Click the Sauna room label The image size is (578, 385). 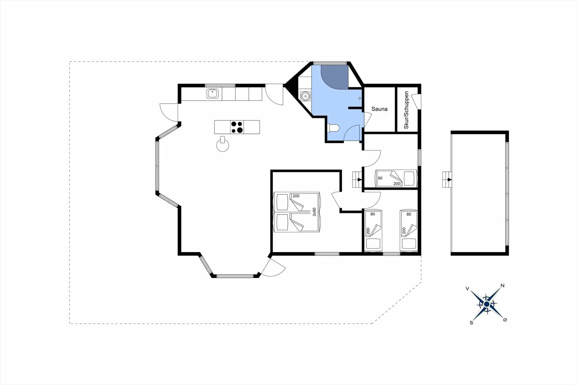point(379,109)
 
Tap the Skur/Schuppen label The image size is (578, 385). point(406,110)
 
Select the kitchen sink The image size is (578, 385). point(212,93)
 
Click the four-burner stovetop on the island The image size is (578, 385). point(237,127)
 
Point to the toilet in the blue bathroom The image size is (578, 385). point(334,128)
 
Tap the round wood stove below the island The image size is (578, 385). point(222,145)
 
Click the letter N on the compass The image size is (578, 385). point(502,286)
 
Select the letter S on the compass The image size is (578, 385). point(471,323)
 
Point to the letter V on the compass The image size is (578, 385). point(467,289)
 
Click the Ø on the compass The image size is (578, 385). point(505,320)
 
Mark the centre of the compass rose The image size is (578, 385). point(486,304)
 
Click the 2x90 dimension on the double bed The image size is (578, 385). point(314,212)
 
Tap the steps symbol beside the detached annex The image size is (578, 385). point(447,180)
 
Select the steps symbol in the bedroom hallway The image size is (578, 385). point(357,180)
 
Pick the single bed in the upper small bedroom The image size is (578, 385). point(396,179)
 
